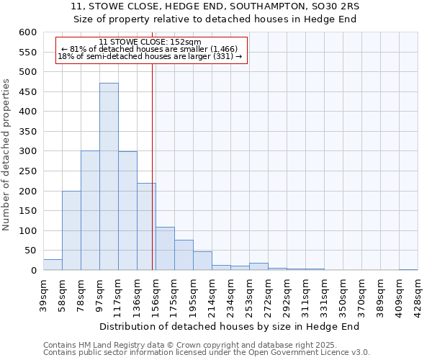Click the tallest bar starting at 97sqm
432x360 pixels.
[x=109, y=176]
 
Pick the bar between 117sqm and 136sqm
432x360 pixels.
[x=127, y=211]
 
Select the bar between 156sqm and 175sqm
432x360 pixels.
[x=165, y=248]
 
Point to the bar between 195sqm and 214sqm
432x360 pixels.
[x=202, y=261]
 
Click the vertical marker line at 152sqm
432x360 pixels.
[x=153, y=166]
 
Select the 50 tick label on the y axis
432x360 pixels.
[x=30, y=251]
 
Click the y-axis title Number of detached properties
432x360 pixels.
[x=7, y=155]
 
